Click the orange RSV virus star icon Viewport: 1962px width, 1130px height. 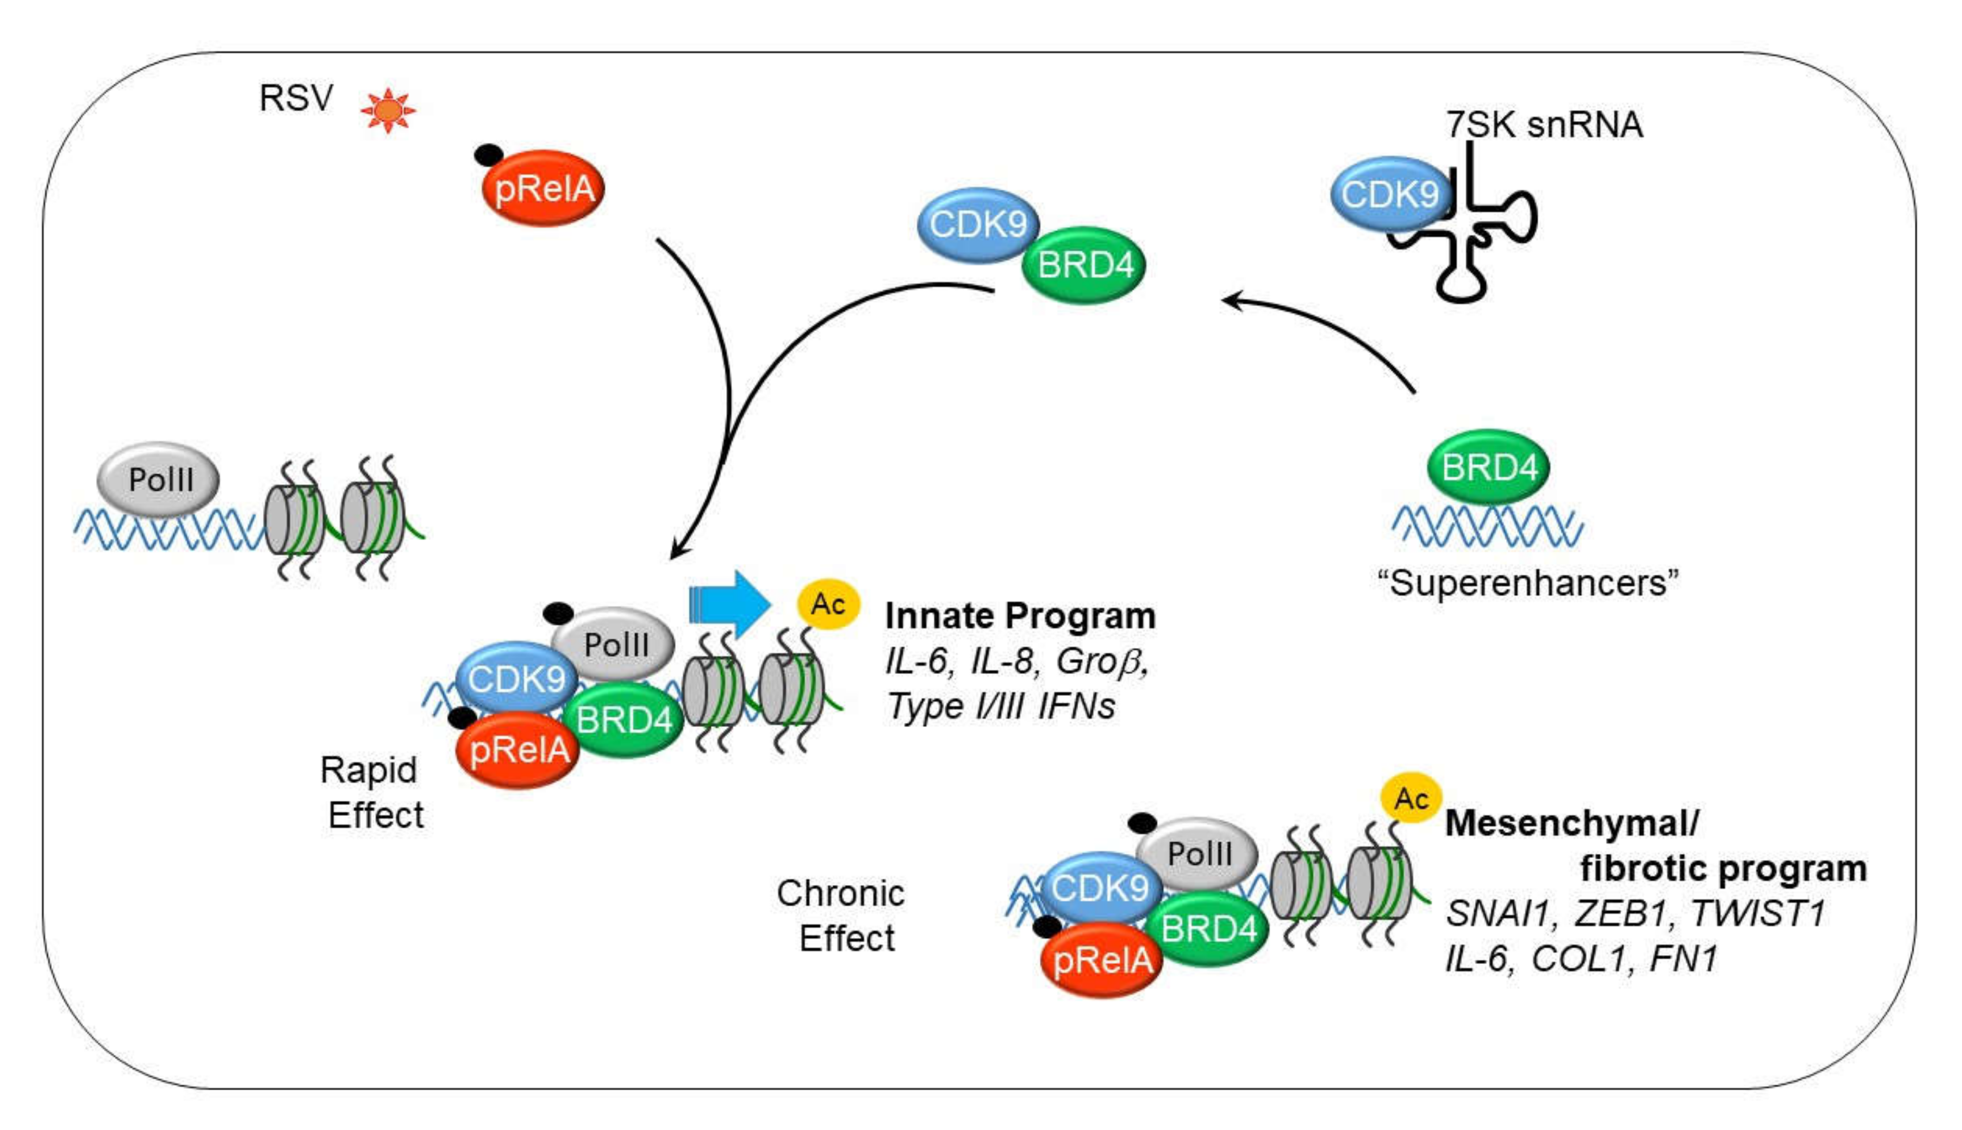tap(388, 110)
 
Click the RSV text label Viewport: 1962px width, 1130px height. tap(296, 99)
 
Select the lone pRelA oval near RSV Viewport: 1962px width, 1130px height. tap(543, 189)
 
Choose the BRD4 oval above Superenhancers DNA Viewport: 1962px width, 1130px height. tap(1488, 467)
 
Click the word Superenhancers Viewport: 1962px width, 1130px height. tap(1527, 583)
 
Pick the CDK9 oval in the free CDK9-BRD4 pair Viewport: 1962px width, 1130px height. tap(978, 225)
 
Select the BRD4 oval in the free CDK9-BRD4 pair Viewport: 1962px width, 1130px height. tap(1085, 265)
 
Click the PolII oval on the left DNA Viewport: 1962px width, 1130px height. tap(159, 480)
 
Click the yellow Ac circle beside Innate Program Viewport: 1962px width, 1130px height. tap(828, 604)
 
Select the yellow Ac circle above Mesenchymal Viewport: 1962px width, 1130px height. tap(1410, 798)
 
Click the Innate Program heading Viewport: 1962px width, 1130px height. tap(1020, 616)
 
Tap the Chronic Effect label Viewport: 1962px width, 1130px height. tap(842, 916)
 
